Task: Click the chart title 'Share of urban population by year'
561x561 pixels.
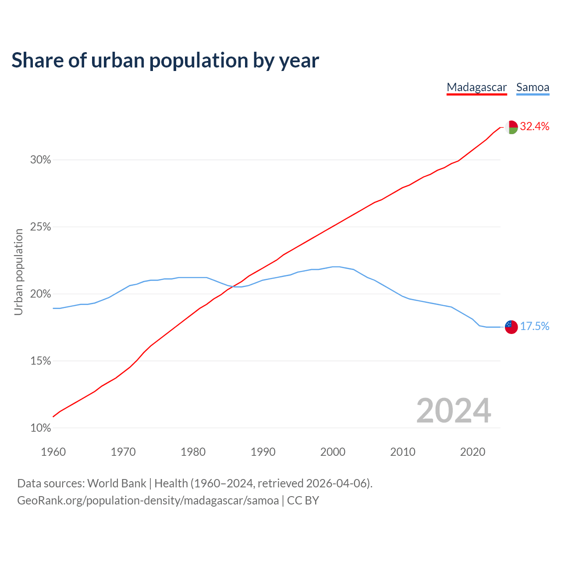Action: (x=165, y=60)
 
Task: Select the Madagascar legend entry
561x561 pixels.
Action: (x=476, y=87)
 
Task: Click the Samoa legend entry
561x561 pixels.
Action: (x=533, y=87)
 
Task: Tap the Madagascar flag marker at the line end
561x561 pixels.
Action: (x=511, y=127)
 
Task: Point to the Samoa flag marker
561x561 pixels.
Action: (x=511, y=327)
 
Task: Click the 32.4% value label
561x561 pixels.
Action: (x=534, y=127)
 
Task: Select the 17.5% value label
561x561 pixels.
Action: (x=534, y=326)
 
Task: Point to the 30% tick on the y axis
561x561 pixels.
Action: (x=41, y=160)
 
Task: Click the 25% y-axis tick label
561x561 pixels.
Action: (x=41, y=227)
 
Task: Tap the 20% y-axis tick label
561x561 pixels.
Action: (x=41, y=294)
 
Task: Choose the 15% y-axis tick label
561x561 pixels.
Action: (x=41, y=361)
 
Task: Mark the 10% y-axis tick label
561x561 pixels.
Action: (x=41, y=428)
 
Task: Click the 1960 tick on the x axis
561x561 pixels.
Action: (x=53, y=452)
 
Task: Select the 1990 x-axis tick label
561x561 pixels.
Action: (x=263, y=452)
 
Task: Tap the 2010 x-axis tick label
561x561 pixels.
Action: (x=403, y=452)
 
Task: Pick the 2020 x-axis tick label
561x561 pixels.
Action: (x=472, y=452)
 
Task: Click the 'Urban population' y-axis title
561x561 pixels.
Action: (x=18, y=272)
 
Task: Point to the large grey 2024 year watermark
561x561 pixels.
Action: (x=454, y=411)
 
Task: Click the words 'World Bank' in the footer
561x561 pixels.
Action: (x=117, y=483)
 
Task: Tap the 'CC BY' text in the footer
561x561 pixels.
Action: (x=303, y=501)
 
